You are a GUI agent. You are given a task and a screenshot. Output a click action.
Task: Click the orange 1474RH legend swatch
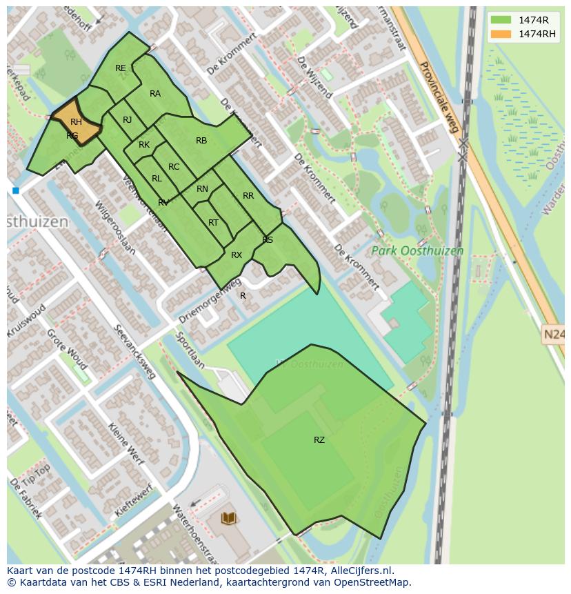[501, 34]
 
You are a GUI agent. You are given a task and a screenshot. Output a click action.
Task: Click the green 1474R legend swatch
[501, 20]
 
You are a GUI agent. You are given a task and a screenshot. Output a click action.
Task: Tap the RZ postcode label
[319, 439]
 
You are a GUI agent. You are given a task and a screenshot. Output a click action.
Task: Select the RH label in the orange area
[76, 122]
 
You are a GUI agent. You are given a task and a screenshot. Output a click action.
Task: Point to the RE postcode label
[121, 68]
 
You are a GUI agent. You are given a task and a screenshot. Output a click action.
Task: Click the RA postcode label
[155, 94]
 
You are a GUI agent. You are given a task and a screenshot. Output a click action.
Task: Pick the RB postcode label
[201, 141]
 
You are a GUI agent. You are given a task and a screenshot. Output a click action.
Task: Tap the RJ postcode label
[128, 120]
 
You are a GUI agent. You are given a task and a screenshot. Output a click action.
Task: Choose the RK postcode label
[144, 145]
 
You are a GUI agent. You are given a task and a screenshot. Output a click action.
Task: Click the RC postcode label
[174, 167]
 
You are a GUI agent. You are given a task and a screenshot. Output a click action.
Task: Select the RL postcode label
[157, 179]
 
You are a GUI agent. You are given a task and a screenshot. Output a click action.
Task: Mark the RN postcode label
[202, 189]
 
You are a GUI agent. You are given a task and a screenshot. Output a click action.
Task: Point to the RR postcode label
[248, 196]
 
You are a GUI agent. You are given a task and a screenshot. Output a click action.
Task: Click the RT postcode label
[213, 223]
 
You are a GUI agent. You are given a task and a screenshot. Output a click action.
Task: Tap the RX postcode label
[237, 255]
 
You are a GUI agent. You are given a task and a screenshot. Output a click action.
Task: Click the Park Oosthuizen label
[417, 251]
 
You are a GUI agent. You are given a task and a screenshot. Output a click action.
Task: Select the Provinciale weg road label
[439, 97]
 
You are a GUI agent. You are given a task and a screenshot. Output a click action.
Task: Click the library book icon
[229, 518]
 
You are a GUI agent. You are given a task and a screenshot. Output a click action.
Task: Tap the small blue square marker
[15, 190]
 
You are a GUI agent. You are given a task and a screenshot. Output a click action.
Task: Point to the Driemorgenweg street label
[210, 301]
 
